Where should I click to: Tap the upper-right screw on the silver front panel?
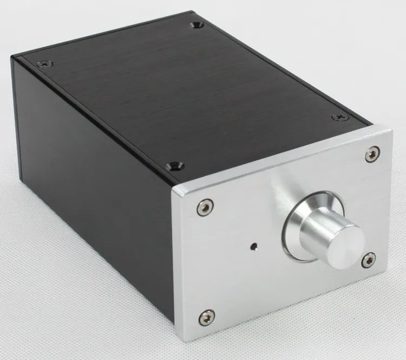372,154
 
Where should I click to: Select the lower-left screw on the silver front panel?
206,317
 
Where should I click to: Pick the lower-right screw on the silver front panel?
369,259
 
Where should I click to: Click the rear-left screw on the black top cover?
45,63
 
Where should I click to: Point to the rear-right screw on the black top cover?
196,25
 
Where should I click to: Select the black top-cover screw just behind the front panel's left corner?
175,166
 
